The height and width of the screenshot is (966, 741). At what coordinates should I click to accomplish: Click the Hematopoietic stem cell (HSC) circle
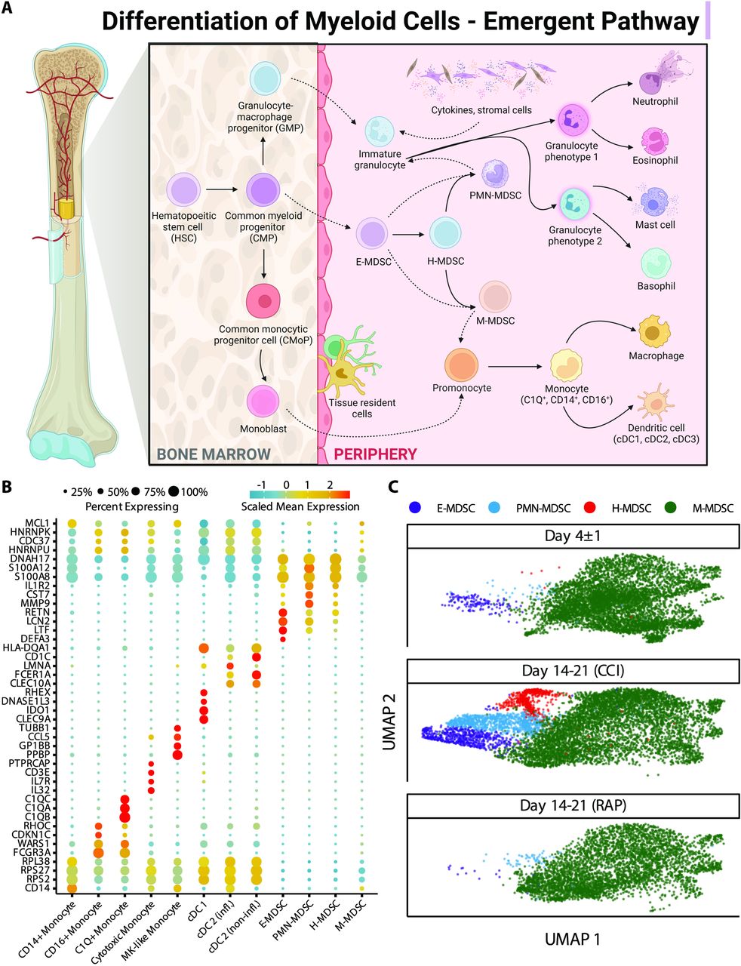(183, 190)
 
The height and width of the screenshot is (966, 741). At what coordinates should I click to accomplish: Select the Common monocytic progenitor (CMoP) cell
(263, 301)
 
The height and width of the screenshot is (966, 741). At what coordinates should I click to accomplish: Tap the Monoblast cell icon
(263, 401)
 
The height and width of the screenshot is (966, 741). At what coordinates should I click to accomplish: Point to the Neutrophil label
(655, 101)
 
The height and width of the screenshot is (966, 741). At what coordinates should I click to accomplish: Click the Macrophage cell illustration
(654, 331)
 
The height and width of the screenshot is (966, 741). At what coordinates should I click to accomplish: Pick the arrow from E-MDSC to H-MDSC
(408, 233)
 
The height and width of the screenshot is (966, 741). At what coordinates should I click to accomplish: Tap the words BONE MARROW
(214, 454)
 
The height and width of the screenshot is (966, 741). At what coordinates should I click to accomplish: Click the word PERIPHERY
(375, 454)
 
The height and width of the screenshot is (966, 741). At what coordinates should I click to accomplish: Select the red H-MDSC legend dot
(590, 507)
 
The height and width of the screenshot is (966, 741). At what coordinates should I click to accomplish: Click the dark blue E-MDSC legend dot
(416, 507)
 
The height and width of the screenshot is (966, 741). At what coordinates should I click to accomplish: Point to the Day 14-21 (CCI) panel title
(573, 670)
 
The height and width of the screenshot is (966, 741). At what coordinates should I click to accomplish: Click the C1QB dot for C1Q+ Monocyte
(125, 817)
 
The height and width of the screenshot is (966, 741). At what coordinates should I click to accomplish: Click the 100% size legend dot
(174, 491)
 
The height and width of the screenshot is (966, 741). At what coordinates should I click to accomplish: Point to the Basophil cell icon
(656, 263)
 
